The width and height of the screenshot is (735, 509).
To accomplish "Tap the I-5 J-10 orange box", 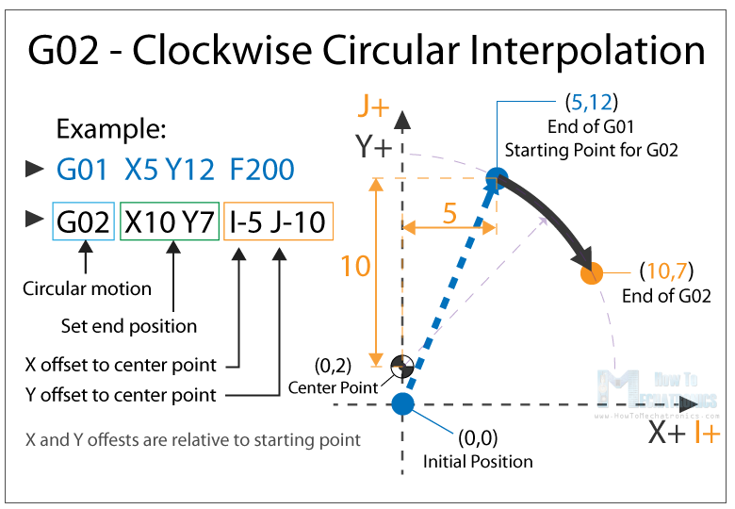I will click(278, 222).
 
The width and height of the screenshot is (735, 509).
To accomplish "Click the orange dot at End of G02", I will click(591, 274).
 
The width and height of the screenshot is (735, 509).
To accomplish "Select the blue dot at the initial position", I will click(402, 404).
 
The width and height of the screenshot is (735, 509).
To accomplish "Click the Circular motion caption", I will click(87, 288).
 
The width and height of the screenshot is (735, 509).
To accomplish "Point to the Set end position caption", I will click(129, 326).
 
